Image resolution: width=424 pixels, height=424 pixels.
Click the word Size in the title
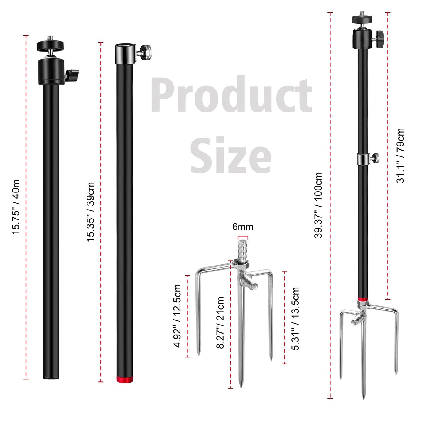[x=231, y=155]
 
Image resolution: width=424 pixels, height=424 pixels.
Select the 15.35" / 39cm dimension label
[x=91, y=212]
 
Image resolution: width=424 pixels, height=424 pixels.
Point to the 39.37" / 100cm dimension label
[x=318, y=205]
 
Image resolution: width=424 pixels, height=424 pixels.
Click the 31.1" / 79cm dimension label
[x=400, y=155]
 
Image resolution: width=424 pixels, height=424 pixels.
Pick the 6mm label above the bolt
[x=243, y=227]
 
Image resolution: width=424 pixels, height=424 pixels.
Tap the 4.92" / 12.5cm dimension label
[x=177, y=316]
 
